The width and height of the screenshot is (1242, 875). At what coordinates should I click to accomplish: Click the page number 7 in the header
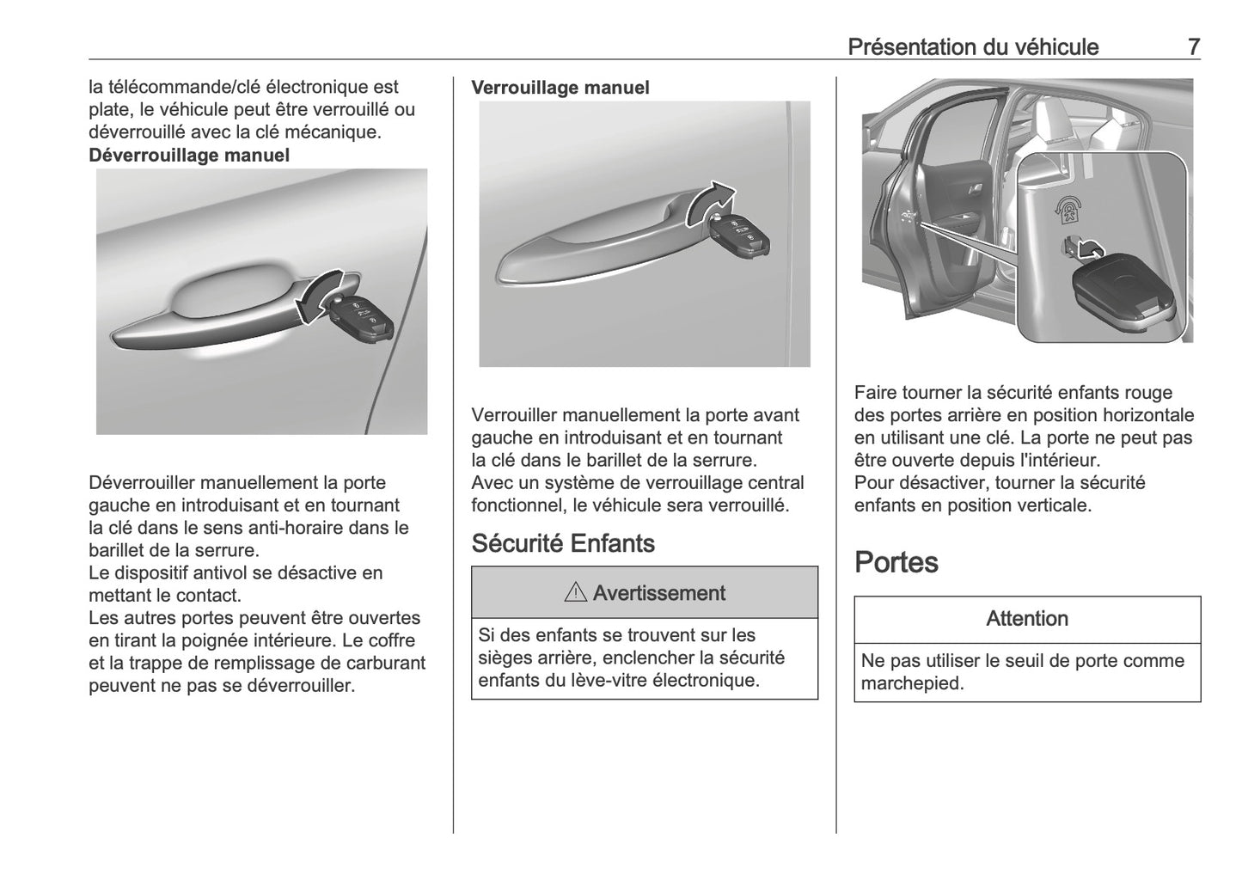pos(1193,47)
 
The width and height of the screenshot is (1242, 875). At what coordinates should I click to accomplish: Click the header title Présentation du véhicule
pos(972,47)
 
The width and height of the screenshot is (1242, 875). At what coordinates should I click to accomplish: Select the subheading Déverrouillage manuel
pos(189,156)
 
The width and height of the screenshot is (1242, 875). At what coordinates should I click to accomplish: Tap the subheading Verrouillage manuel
pos(560,88)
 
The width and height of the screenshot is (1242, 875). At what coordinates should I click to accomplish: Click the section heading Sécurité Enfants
pos(563,543)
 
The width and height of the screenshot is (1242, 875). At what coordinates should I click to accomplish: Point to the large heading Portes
pos(896,562)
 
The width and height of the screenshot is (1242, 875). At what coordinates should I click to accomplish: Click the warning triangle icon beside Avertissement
pos(576,593)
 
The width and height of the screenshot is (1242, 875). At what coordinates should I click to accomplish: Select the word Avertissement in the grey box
pos(658,593)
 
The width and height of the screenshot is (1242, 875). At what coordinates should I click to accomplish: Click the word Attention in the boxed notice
pos(1026,619)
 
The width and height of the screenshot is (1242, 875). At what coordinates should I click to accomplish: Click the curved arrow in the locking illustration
pos(708,203)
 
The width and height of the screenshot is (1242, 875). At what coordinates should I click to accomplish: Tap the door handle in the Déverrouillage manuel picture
pos(215,314)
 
